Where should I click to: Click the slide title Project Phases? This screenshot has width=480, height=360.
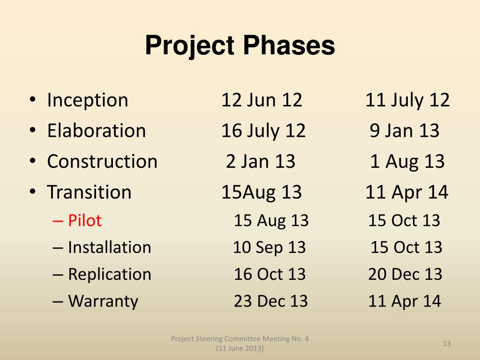[240, 46]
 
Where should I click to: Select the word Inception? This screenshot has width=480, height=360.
[87, 100]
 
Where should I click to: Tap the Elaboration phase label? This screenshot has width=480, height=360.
[96, 131]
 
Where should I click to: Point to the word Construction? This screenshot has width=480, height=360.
[102, 162]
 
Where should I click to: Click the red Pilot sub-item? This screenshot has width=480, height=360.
[84, 220]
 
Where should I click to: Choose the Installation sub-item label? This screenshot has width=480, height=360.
[109, 247]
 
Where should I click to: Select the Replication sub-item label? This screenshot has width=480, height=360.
[109, 274]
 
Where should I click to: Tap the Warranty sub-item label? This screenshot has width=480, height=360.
[103, 301]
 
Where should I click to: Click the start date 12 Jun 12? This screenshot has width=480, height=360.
[262, 100]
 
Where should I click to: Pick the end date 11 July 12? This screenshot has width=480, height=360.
[407, 100]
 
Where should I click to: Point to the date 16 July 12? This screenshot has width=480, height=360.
[263, 131]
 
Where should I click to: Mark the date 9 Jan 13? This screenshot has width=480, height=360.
[405, 131]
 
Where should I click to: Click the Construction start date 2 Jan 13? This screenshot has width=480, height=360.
[261, 162]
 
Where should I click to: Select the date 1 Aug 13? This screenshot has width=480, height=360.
[407, 162]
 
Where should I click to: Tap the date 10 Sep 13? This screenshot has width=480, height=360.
[269, 247]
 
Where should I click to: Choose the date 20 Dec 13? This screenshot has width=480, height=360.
[405, 274]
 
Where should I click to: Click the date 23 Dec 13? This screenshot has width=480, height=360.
[271, 301]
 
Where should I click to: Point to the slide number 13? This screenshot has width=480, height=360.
[447, 344]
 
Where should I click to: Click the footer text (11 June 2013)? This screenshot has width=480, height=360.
[240, 349]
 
